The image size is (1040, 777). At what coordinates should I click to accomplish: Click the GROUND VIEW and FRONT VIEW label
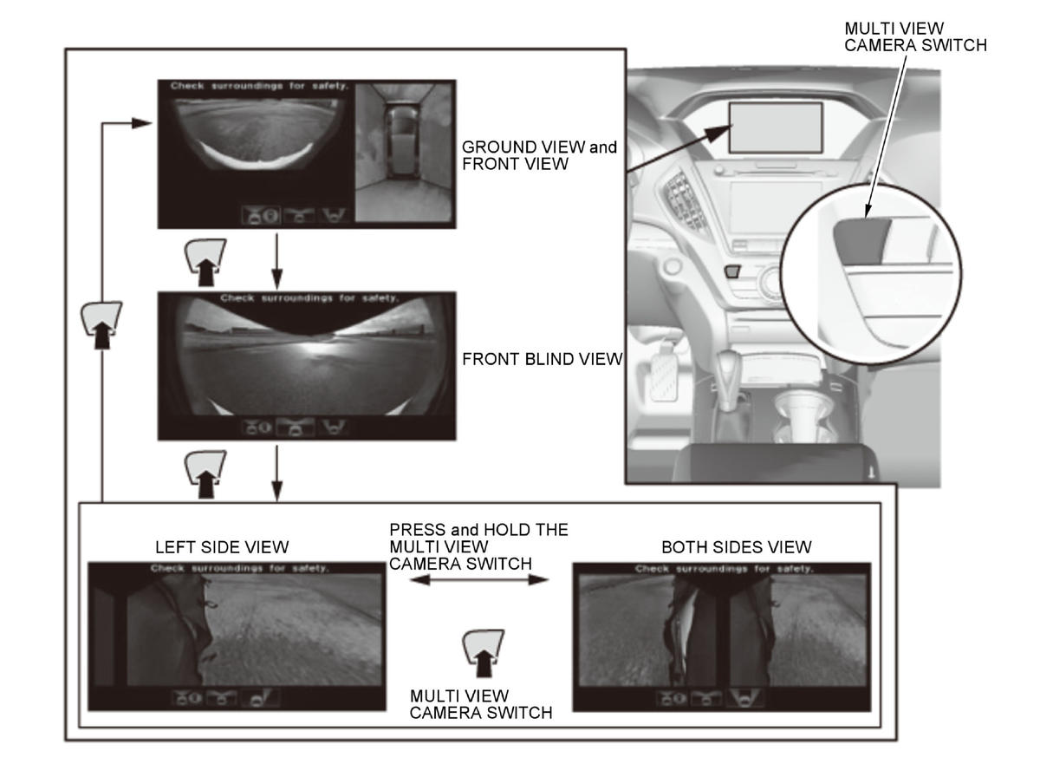(539, 155)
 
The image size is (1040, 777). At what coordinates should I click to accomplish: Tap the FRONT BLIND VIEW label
(542, 359)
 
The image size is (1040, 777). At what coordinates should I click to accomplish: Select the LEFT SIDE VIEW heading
(222, 547)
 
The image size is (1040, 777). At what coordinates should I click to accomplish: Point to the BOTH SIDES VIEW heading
(736, 547)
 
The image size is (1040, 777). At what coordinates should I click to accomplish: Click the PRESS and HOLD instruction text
(478, 546)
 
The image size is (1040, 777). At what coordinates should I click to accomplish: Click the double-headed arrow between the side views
(479, 579)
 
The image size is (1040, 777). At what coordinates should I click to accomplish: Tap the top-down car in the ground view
(402, 142)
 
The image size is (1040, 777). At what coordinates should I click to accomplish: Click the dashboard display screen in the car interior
(775, 127)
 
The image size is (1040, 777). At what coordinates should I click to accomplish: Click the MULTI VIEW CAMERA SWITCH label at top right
(915, 37)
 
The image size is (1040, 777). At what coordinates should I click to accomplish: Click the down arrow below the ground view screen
(277, 261)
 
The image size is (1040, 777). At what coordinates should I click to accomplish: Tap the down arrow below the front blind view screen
(277, 473)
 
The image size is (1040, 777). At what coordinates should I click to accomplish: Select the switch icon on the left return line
(101, 324)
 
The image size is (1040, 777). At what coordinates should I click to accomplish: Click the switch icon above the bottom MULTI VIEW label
(483, 653)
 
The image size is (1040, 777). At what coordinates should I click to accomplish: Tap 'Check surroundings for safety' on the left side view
(240, 568)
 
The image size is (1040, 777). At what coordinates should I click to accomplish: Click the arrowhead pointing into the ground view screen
(141, 123)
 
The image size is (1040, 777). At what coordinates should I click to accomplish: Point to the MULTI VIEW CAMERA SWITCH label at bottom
(480, 704)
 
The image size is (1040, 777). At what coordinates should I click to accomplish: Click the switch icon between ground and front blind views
(205, 262)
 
